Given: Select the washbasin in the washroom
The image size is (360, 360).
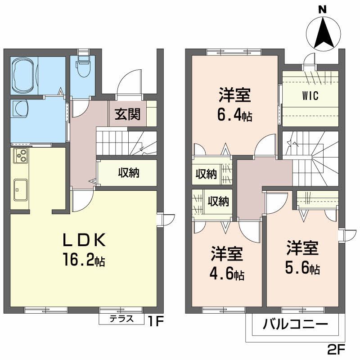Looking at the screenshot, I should point(21,108).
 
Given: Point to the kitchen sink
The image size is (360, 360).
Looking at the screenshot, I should point(20,189).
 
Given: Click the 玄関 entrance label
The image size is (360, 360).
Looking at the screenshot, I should point(127,114).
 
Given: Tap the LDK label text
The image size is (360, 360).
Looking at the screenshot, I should point(83,242).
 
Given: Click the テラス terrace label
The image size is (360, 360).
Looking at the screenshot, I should point(121,319).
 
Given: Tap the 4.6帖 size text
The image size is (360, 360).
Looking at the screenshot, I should point(228,274).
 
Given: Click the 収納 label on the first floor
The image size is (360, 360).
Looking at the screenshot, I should point(128,173).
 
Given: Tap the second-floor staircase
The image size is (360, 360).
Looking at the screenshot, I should point(310,157).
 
